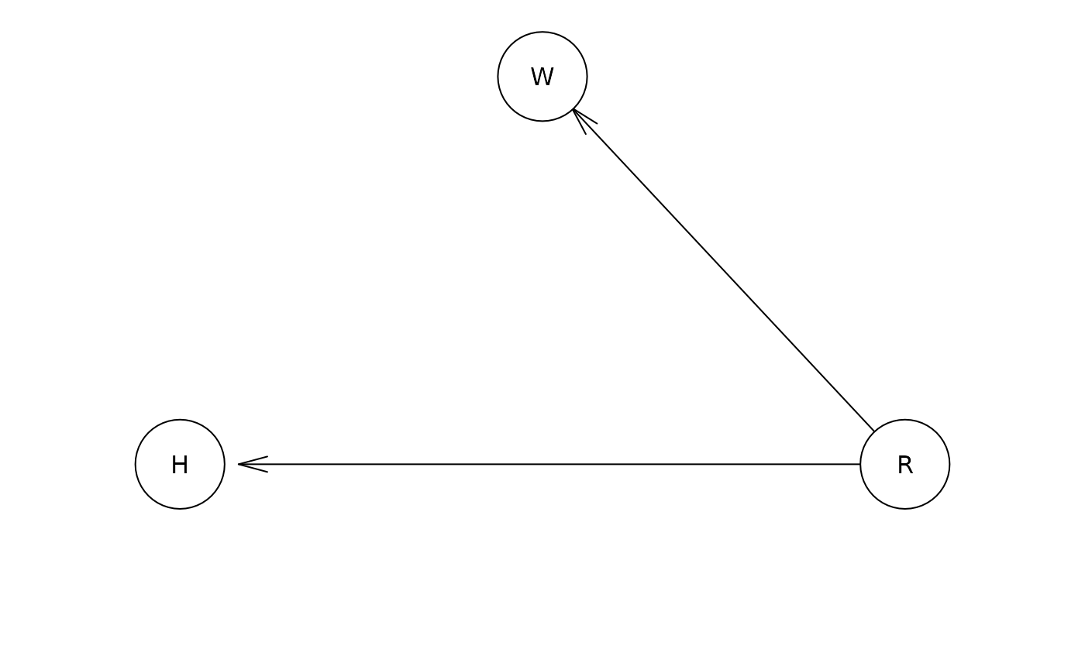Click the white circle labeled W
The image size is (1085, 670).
[542, 77]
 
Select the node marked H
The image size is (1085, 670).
[180, 464]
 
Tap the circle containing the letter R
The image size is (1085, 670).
[905, 464]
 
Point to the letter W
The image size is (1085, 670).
[542, 77]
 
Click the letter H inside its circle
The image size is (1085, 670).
[180, 465]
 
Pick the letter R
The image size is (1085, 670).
[905, 465]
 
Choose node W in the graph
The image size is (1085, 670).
[542, 77]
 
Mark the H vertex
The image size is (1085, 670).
[180, 464]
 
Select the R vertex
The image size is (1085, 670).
[905, 464]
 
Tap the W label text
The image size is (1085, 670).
[542, 77]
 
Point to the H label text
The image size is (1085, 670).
[180, 465]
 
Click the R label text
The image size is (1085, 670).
[905, 465]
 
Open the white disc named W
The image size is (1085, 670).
[542, 77]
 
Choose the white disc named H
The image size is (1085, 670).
[180, 464]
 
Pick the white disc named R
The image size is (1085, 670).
[905, 464]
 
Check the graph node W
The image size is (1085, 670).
[542, 77]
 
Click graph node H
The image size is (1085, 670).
[180, 464]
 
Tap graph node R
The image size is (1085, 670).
[905, 464]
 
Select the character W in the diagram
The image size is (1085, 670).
[542, 77]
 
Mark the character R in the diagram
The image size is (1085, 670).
[905, 465]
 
